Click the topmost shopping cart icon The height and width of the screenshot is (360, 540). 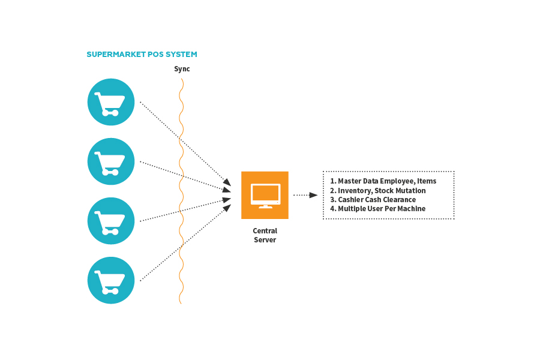[111, 102]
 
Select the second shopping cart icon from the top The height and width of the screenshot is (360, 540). [111, 161]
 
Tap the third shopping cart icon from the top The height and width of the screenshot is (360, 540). [111, 221]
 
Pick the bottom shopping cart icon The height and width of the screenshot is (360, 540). [111, 280]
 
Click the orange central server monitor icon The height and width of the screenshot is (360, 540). [265, 195]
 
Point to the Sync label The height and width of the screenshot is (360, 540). [182, 69]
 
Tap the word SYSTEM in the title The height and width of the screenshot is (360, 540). [182, 55]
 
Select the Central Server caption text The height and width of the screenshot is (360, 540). [265, 235]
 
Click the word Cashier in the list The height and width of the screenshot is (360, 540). [350, 200]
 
